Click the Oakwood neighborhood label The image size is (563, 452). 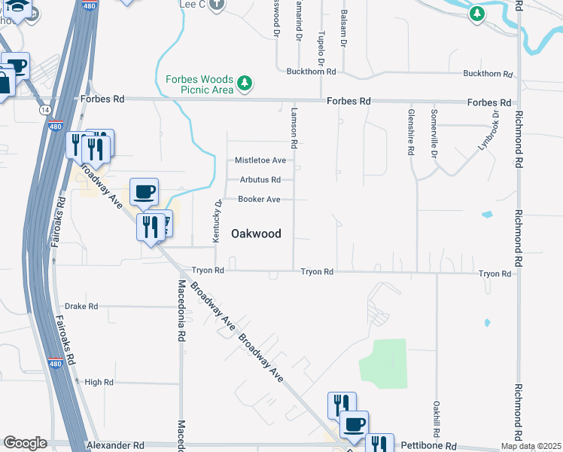(x=256, y=234)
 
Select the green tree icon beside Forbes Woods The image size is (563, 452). (x=244, y=83)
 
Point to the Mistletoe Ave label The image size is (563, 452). (x=260, y=160)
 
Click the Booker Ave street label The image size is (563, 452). (x=259, y=200)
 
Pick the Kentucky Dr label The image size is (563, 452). (x=218, y=220)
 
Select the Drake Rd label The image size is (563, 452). (x=81, y=307)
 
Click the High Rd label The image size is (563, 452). (x=99, y=382)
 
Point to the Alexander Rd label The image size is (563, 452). (x=115, y=446)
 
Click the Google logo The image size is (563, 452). (x=25, y=443)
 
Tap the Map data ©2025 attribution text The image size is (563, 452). (x=531, y=447)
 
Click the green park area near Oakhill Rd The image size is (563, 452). (x=383, y=362)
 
